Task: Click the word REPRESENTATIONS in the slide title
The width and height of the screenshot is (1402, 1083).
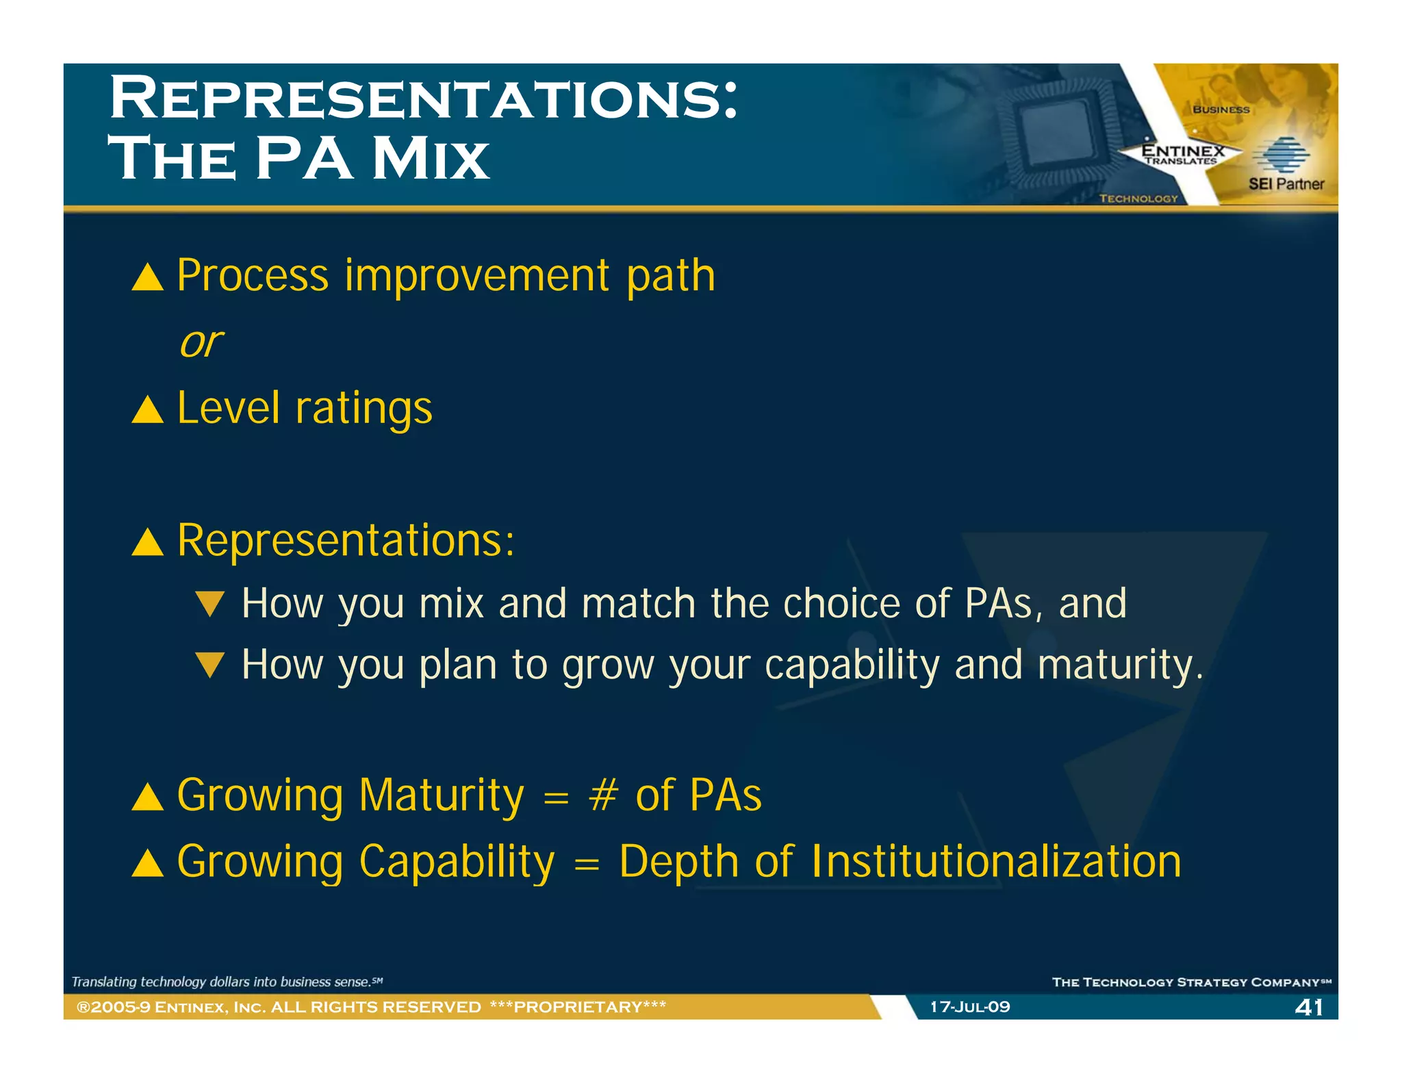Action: click(423, 99)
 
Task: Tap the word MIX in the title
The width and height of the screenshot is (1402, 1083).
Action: click(431, 159)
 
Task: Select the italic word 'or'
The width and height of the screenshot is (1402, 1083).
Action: click(201, 342)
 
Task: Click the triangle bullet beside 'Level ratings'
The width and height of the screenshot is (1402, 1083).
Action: click(147, 410)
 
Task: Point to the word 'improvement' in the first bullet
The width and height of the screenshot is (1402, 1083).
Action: click(477, 275)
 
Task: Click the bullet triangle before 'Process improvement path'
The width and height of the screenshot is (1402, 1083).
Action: click(147, 277)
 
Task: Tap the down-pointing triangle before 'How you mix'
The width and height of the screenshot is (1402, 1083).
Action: click(209, 604)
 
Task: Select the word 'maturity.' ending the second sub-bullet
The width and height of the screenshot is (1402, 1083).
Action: click(1120, 665)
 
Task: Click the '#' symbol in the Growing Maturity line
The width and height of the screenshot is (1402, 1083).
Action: click(603, 795)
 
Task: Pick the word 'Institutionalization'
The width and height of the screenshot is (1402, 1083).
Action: click(996, 861)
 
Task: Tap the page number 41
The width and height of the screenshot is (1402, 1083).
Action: click(1309, 1007)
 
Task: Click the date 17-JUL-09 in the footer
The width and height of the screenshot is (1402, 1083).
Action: click(969, 1006)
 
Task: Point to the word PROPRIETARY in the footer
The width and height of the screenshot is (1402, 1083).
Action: click(578, 1006)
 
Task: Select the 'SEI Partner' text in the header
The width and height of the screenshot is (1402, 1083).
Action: click(1286, 183)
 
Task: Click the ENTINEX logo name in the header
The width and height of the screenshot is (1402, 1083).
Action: click(1182, 151)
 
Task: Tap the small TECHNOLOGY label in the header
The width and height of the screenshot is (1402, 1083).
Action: click(1138, 199)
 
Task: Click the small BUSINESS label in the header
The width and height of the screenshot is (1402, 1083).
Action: click(1221, 110)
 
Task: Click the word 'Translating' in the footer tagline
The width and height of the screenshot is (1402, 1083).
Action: click(104, 982)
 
